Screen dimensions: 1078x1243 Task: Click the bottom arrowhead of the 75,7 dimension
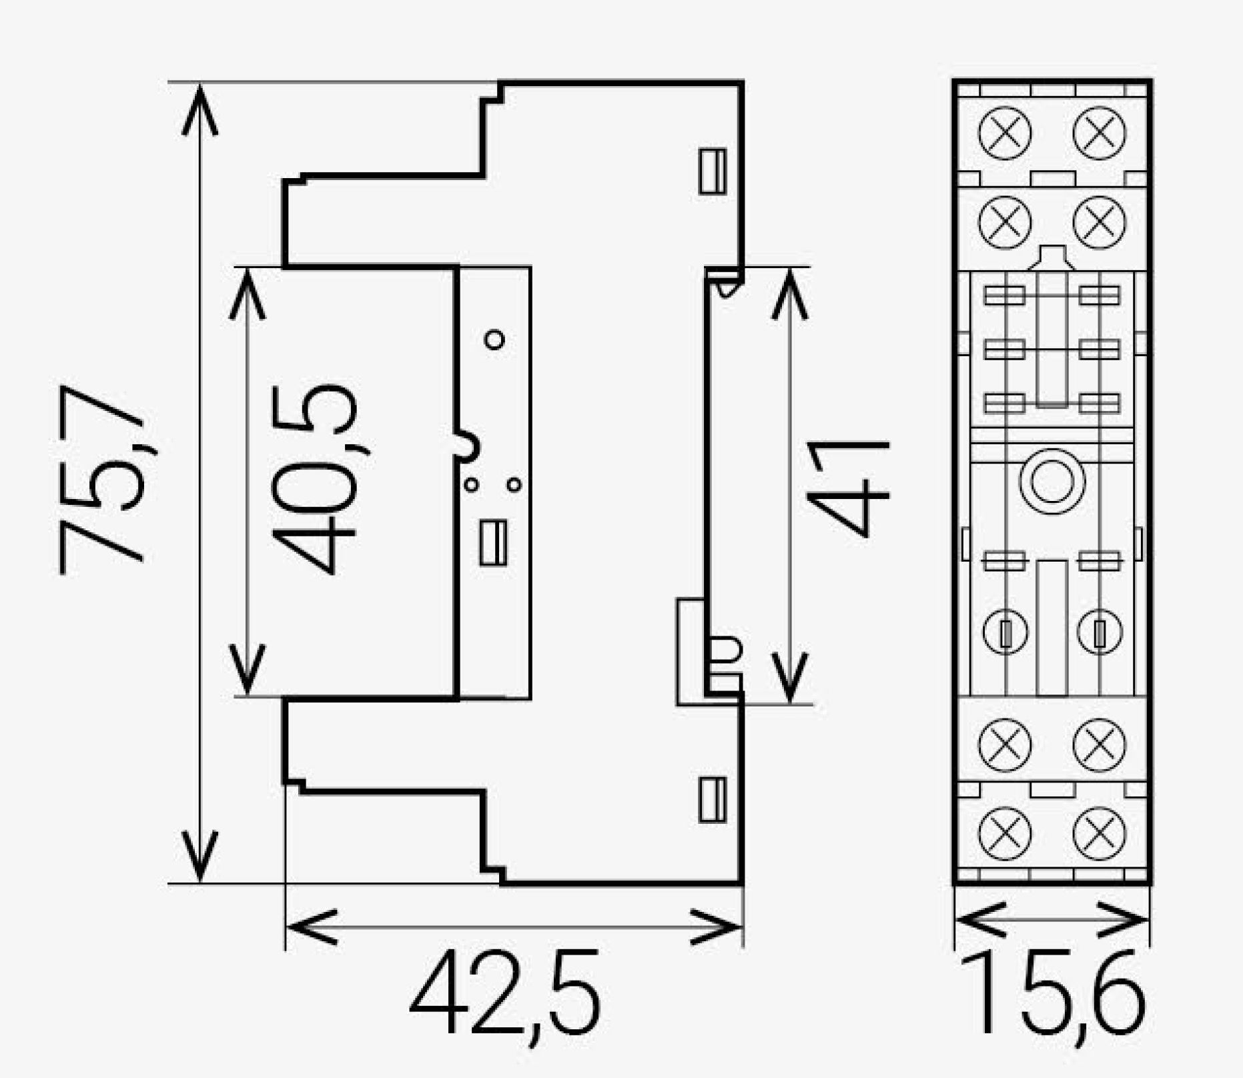click(199, 858)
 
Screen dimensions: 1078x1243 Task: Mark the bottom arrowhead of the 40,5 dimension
click(247, 671)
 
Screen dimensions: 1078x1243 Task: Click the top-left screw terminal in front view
click(1005, 133)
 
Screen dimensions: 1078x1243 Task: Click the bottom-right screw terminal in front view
click(1100, 833)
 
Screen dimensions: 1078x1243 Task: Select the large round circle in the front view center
click(1052, 481)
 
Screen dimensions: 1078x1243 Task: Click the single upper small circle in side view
click(494, 340)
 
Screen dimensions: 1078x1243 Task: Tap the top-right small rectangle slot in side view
click(712, 171)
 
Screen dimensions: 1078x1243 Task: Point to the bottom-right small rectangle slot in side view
click(712, 799)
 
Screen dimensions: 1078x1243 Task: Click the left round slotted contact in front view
click(1005, 632)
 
